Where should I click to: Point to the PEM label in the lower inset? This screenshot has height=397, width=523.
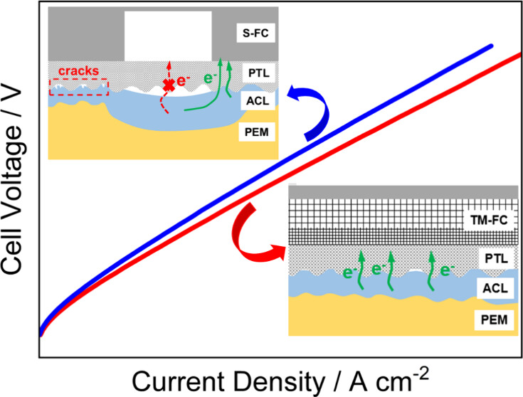point(491,319)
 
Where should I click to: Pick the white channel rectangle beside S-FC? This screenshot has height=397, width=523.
point(168,36)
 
